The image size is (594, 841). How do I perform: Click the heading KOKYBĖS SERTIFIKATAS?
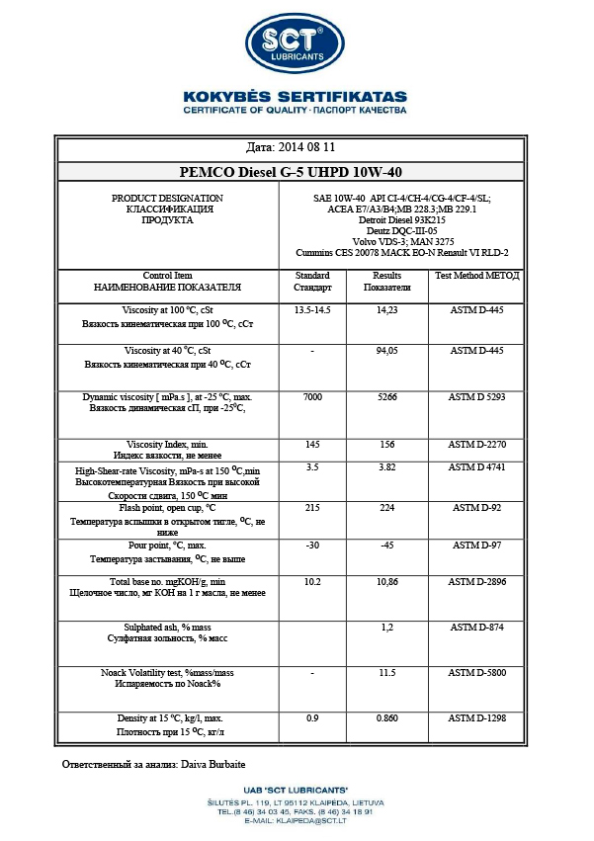[x=296, y=96]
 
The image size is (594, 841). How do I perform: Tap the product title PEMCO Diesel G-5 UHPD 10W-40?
[x=297, y=171]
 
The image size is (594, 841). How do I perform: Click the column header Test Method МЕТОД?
[x=477, y=276]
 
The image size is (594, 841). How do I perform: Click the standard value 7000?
[x=312, y=396]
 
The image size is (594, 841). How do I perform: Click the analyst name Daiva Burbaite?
[x=213, y=765]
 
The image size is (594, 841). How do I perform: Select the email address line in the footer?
[x=296, y=820]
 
